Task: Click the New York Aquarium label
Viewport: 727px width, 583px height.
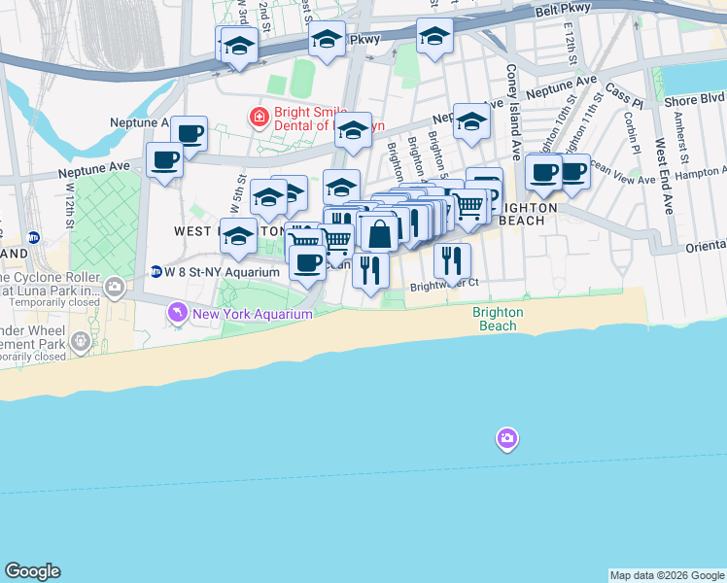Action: [253, 315]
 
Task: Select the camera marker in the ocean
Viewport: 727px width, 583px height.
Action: [506, 439]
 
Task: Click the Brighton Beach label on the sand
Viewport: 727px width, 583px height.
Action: [498, 319]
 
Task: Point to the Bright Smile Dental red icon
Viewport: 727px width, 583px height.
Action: [259, 119]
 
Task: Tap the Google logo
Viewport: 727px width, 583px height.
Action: [32, 571]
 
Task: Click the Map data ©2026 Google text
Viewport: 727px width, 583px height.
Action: [666, 575]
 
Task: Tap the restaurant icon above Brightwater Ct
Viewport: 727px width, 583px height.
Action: [452, 259]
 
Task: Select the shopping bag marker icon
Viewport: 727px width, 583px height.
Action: [379, 234]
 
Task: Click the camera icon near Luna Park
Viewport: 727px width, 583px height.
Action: [116, 286]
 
